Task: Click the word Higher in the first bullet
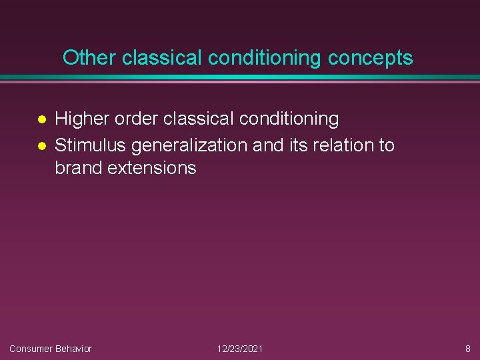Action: click(x=81, y=119)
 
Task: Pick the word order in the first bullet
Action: click(x=135, y=119)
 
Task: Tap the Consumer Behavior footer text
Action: click(x=51, y=349)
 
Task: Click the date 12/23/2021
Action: click(x=240, y=349)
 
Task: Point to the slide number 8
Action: click(x=467, y=349)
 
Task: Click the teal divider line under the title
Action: click(x=240, y=78)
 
